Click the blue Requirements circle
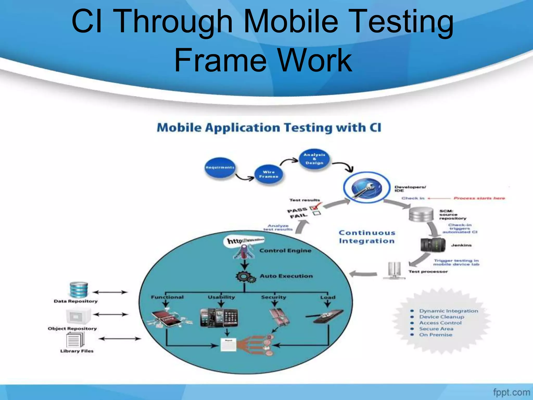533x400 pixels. (x=220, y=167)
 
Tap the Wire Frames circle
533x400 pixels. (x=269, y=174)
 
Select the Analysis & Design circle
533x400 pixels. (x=314, y=159)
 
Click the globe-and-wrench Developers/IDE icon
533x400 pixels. (x=366, y=188)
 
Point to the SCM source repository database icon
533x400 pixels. (x=421, y=214)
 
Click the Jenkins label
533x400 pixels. (x=461, y=245)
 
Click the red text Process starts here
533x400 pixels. (x=479, y=198)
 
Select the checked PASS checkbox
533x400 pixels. (x=313, y=208)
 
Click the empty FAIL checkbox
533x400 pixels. (x=317, y=213)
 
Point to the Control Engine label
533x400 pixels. (x=285, y=251)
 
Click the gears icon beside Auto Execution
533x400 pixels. (x=245, y=277)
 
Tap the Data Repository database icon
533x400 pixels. (x=79, y=289)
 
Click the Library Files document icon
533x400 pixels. (x=75, y=340)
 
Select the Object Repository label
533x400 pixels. (x=72, y=329)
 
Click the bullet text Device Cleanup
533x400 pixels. (x=441, y=317)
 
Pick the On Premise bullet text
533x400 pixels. (x=436, y=335)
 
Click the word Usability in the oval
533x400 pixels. (x=221, y=297)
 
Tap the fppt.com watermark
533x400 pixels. (x=511, y=392)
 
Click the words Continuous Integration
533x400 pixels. (x=367, y=237)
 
